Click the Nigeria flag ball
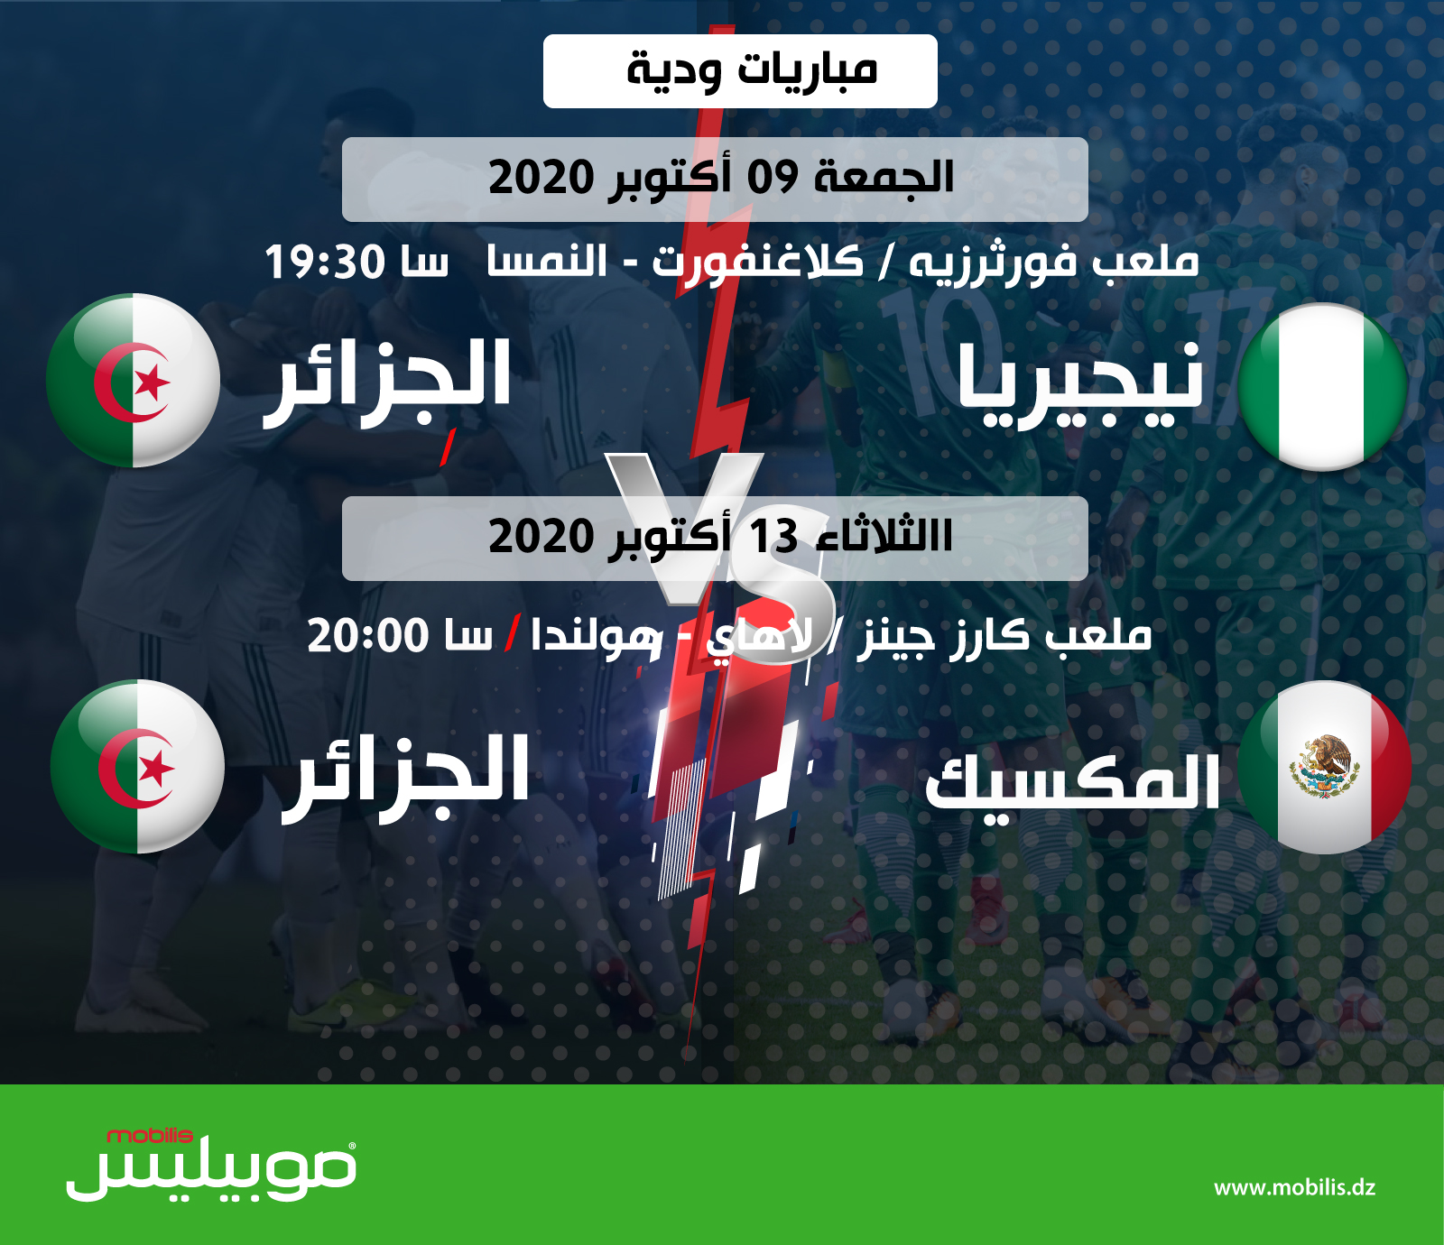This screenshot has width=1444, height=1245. click(1323, 387)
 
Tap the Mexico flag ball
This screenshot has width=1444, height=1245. click(1324, 767)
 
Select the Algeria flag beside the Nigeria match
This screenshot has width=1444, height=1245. click(133, 380)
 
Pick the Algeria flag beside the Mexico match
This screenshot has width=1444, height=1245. click(137, 766)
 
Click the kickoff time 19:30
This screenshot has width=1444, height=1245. click(312, 263)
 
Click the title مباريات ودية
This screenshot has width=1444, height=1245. click(752, 69)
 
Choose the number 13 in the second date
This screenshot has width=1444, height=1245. click(773, 536)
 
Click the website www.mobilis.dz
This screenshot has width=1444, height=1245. click(1294, 1187)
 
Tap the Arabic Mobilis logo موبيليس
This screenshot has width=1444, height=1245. click(211, 1171)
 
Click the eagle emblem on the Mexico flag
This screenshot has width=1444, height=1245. click(1324, 766)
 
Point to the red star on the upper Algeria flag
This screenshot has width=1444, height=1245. click(153, 383)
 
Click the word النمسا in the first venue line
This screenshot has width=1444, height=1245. click(547, 261)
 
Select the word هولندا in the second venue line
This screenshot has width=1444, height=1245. click(597, 637)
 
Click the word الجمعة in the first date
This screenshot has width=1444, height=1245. click(884, 176)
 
